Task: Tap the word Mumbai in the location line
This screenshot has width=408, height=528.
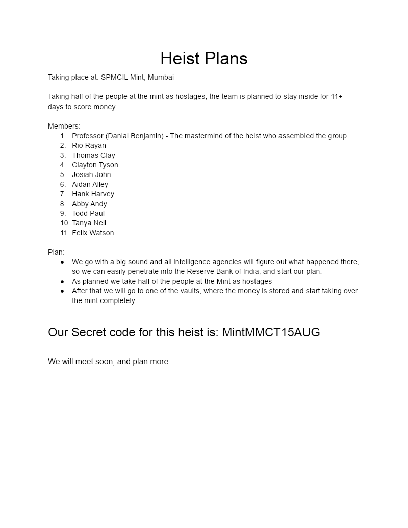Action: coord(161,77)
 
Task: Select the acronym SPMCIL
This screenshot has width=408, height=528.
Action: coord(114,77)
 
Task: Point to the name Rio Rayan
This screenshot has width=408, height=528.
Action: coord(89,145)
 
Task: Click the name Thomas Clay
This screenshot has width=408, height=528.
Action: coord(93,155)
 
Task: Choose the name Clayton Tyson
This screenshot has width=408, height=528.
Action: coord(95,165)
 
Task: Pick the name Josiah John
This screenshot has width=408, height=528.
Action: coord(91,174)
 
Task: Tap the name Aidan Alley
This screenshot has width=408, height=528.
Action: coord(90,184)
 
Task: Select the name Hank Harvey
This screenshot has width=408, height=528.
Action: coord(93,194)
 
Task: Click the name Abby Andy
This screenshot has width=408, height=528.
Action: coord(89,204)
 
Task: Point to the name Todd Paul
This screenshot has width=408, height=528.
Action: coord(88,213)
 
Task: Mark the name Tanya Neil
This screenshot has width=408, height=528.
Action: coord(89,223)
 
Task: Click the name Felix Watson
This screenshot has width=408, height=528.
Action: coord(93,233)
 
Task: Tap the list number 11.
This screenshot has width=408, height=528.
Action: coord(64,233)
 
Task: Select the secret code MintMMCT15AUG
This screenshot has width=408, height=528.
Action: coord(271,332)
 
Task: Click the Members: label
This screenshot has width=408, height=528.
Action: coord(64,126)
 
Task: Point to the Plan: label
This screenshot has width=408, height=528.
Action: coord(56,252)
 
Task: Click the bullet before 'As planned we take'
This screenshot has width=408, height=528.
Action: coord(62,281)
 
